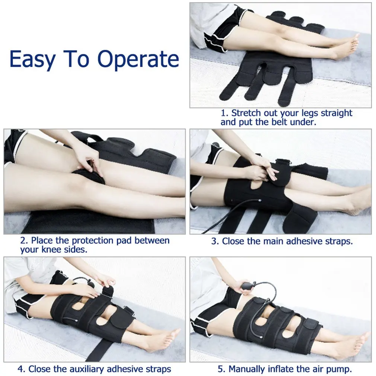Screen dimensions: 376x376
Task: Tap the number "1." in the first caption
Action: (225, 113)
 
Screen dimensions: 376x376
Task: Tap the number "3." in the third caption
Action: (215, 241)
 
